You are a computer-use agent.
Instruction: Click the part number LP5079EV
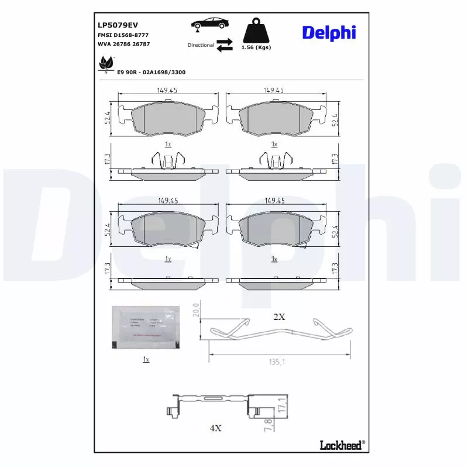coord(118,25)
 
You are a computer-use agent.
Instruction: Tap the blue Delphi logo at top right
coord(329,33)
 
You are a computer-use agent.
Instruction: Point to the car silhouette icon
coord(209,24)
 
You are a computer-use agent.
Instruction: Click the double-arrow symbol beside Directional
coord(224,45)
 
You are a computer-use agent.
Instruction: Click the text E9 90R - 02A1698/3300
coord(152,72)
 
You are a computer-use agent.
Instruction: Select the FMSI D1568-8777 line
coord(122,36)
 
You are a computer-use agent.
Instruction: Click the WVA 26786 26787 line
coord(125,44)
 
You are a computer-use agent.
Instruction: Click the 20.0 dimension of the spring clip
coord(197,309)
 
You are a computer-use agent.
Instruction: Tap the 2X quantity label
coord(279,316)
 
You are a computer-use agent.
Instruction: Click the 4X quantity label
coord(215,428)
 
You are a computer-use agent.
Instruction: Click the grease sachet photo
coord(145,328)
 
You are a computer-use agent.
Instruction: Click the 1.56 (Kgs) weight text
coord(256,47)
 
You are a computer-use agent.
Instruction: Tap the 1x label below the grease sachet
coord(146,359)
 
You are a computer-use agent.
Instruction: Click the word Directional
coord(201,45)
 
